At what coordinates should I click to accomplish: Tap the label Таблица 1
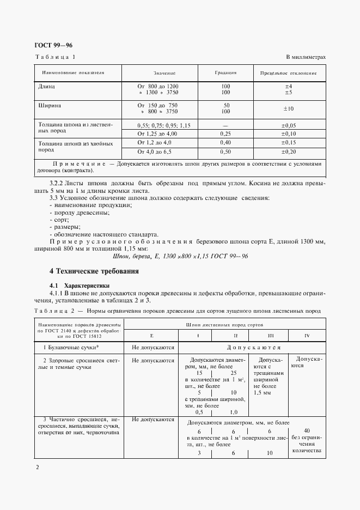pos(56,57)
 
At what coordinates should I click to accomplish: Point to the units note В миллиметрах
pos(306,57)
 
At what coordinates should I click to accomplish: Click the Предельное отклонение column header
pos(288,72)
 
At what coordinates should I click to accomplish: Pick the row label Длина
pos(47,86)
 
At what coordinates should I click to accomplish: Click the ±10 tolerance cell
pos(289,108)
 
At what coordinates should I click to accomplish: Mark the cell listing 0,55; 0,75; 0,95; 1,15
pos(164,125)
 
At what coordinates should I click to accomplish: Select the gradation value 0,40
pos(225,142)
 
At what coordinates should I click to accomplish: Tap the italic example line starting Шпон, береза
pos(180,256)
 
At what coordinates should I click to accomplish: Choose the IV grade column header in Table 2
pos(307,335)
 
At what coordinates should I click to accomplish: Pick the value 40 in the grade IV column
pos(307,429)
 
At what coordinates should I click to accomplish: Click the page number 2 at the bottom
pos(37,467)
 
